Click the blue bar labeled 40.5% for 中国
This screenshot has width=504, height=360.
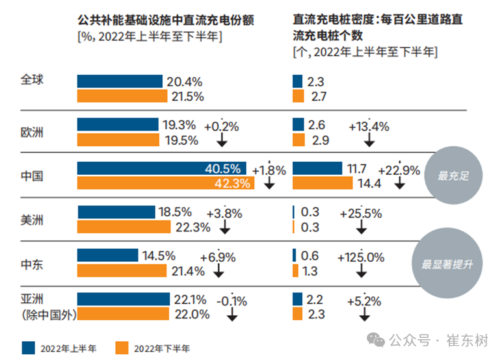pyautogui.click(x=163, y=168)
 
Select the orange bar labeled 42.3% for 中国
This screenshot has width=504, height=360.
pyautogui.click(x=166, y=183)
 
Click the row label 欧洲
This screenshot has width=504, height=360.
pyautogui.click(x=32, y=132)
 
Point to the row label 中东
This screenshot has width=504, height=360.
pyautogui.click(x=32, y=263)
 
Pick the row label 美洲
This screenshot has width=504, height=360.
pyautogui.click(x=32, y=220)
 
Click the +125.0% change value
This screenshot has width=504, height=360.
pyautogui.click(x=362, y=257)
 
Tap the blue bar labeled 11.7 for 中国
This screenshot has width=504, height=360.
pyautogui.click(x=317, y=168)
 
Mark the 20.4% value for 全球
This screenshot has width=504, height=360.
pyautogui.click(x=185, y=82)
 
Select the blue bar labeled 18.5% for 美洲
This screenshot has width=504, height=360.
pyautogui.click(x=116, y=212)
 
